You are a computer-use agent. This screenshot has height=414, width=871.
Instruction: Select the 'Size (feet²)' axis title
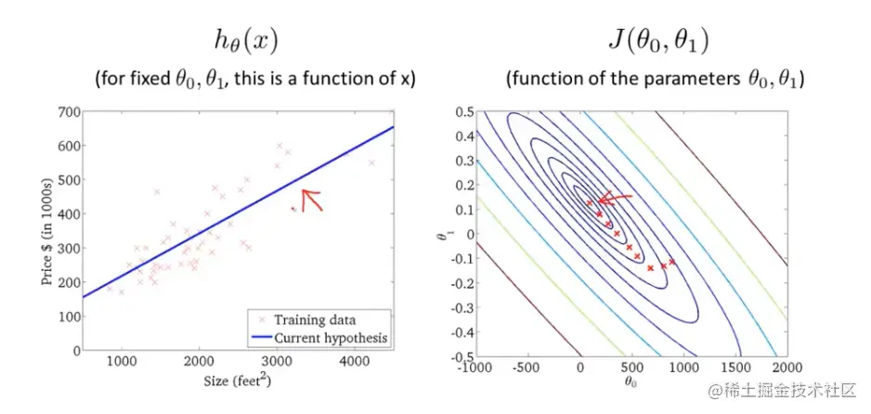(x=238, y=380)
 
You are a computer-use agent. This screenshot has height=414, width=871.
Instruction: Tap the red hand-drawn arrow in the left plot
(x=310, y=198)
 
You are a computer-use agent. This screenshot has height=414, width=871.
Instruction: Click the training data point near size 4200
(x=371, y=163)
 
